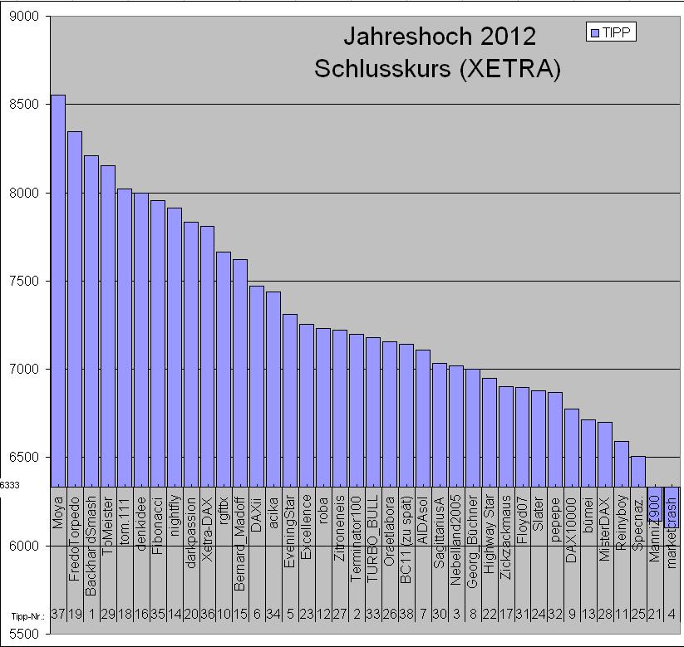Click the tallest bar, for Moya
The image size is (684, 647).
[58, 291]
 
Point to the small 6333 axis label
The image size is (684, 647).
[10, 486]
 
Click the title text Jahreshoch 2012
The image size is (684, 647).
[440, 37]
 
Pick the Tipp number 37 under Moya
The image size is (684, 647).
[58, 615]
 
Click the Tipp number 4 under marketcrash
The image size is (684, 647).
[672, 615]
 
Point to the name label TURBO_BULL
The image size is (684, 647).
[373, 539]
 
